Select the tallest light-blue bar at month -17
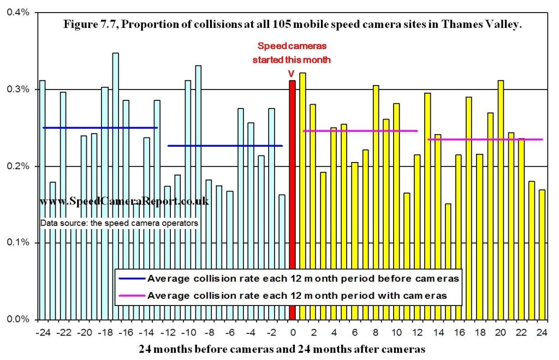(x=115, y=185)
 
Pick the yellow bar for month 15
(x=448, y=262)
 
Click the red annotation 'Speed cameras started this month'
(x=291, y=53)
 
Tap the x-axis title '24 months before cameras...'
(x=281, y=348)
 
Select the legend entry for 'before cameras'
(x=290, y=278)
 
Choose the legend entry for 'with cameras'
(x=290, y=296)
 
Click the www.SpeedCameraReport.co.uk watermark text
(x=124, y=201)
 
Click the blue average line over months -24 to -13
(x=100, y=128)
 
